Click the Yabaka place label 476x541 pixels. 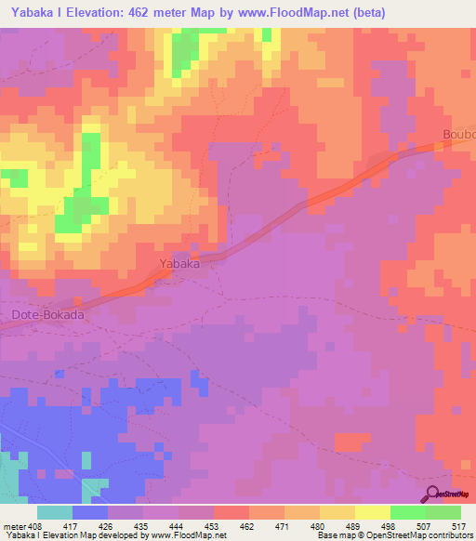[x=179, y=263]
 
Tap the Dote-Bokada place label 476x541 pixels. [x=48, y=315]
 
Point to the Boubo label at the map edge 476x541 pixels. [x=458, y=133]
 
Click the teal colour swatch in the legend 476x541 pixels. [x=55, y=512]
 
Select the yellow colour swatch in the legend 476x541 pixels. [x=373, y=512]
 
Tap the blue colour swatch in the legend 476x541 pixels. [x=90, y=512]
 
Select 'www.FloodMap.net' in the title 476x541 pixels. [x=301, y=12]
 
